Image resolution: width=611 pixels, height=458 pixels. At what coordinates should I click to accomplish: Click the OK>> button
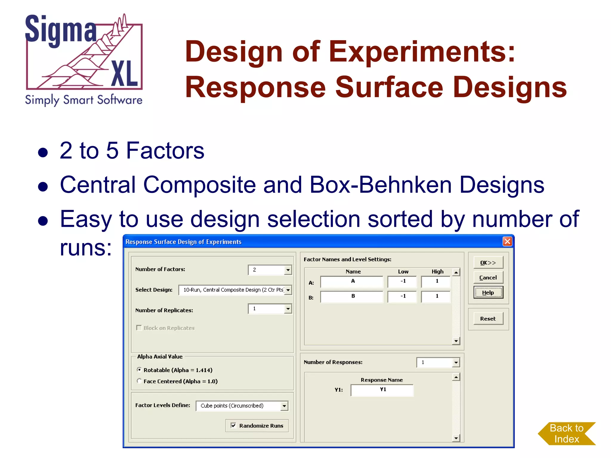(488, 263)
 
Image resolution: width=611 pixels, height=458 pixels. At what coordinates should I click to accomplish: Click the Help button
(488, 293)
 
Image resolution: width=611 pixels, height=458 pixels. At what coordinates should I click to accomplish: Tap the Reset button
(488, 319)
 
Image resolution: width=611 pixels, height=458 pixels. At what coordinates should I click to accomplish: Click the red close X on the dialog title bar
(507, 241)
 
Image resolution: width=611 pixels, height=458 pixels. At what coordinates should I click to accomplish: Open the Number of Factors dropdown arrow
(288, 270)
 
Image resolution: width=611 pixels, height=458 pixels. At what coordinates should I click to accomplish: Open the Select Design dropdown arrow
(288, 290)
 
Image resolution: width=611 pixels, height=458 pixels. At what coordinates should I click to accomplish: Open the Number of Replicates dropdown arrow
(288, 309)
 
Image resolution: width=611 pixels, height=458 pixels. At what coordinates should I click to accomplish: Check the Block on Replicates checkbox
(139, 328)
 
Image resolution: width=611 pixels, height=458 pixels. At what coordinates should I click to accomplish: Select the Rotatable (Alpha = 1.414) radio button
(139, 370)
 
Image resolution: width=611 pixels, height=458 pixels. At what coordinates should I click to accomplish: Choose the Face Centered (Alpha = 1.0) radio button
(139, 381)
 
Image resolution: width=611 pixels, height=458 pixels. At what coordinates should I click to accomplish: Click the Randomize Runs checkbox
(234, 425)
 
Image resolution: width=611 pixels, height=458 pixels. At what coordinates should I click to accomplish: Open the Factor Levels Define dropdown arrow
(284, 406)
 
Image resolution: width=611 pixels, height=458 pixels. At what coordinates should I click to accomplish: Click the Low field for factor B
(402, 296)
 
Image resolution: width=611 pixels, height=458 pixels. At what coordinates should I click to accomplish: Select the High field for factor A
(436, 281)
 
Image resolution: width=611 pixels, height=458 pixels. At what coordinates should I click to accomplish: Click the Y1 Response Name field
(382, 390)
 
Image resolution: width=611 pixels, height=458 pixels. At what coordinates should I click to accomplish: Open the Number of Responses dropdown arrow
(456, 363)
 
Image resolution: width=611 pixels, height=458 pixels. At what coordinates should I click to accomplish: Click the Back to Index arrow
(566, 434)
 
